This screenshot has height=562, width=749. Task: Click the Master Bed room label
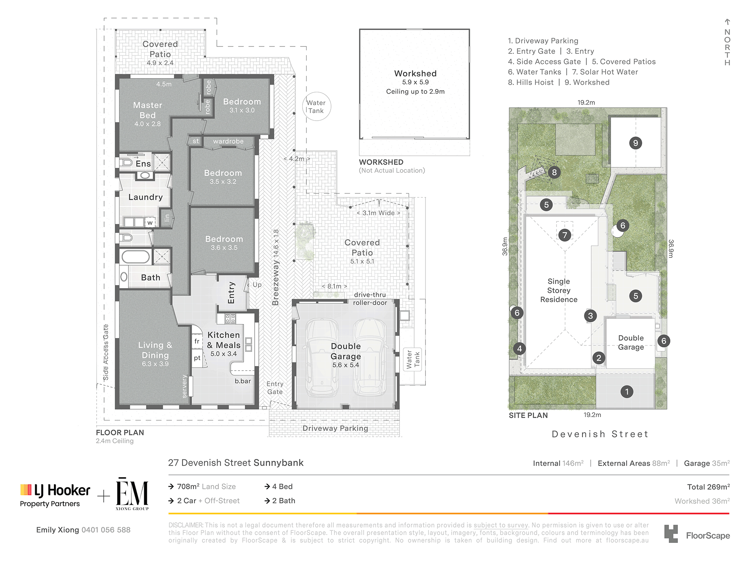click(x=148, y=110)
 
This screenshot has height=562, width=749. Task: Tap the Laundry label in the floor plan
click(x=146, y=197)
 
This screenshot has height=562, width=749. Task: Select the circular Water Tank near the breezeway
click(x=316, y=106)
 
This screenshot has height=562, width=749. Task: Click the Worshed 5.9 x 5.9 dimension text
click(x=415, y=82)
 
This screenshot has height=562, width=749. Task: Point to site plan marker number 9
click(x=636, y=143)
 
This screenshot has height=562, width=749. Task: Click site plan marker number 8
click(x=554, y=172)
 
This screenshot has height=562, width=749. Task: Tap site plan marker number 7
click(x=565, y=235)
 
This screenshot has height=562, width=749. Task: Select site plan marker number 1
click(x=627, y=392)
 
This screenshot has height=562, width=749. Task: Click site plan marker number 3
click(x=591, y=316)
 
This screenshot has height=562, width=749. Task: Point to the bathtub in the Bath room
click(x=136, y=257)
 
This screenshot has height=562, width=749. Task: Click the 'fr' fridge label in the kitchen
click(x=197, y=341)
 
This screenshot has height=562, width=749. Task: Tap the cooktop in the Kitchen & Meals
click(x=230, y=319)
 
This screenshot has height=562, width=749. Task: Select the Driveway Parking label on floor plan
click(x=335, y=428)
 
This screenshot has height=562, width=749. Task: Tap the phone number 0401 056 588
click(x=106, y=530)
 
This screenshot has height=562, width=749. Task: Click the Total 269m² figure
click(x=708, y=487)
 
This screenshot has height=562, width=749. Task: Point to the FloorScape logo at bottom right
click(x=697, y=534)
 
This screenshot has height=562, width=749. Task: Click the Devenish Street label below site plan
click(x=600, y=434)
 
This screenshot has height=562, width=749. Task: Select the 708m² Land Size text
click(x=206, y=486)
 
